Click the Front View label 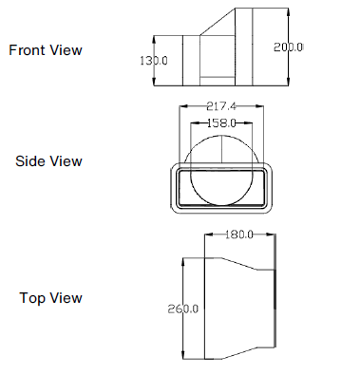point(45,50)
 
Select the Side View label point(48,161)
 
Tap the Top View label point(50,298)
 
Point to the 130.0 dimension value point(153,60)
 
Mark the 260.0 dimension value point(182,309)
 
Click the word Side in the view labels point(30,161)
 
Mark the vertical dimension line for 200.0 point(275,66)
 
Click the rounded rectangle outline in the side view point(174,185)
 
